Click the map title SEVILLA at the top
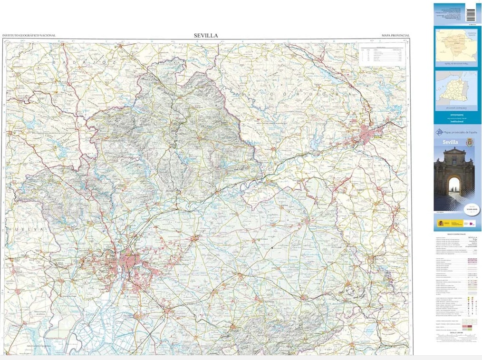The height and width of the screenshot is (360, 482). tap(206, 36)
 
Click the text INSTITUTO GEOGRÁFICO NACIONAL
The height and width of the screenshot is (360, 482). tap(29, 36)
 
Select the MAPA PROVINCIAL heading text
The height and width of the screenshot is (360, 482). tap(395, 36)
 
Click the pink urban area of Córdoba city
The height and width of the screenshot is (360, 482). tap(367, 135)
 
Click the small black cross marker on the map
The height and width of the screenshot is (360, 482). tap(272, 248)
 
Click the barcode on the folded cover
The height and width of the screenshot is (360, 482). tap(471, 14)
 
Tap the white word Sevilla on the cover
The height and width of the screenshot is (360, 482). tap(450, 142)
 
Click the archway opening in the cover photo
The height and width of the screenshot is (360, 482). tap(454, 189)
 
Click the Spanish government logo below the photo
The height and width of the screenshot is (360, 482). tap(449, 223)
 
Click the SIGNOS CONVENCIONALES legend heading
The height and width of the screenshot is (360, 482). tap(449, 234)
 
